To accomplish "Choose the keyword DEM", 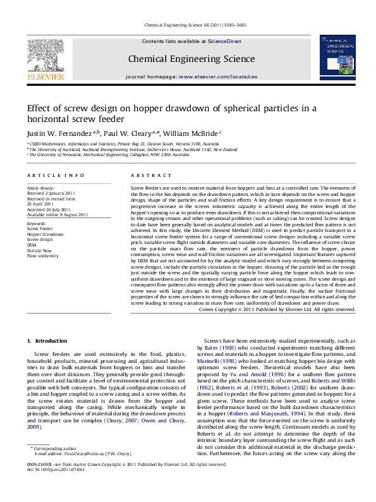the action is pos(31,244).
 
